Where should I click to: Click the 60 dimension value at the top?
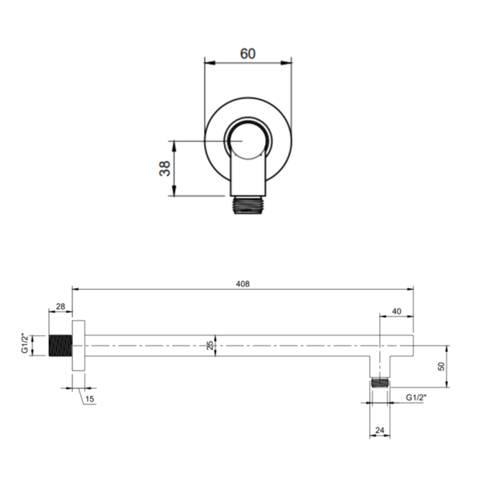click(x=248, y=54)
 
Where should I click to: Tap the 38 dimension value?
click(x=165, y=168)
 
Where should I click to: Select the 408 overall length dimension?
click(x=243, y=284)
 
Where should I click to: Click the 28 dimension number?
click(x=61, y=307)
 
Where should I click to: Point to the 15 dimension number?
click(x=89, y=399)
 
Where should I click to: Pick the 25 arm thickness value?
click(x=210, y=346)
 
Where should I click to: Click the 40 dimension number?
click(x=396, y=311)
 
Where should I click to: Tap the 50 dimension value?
click(x=441, y=366)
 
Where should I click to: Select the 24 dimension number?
click(x=380, y=430)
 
